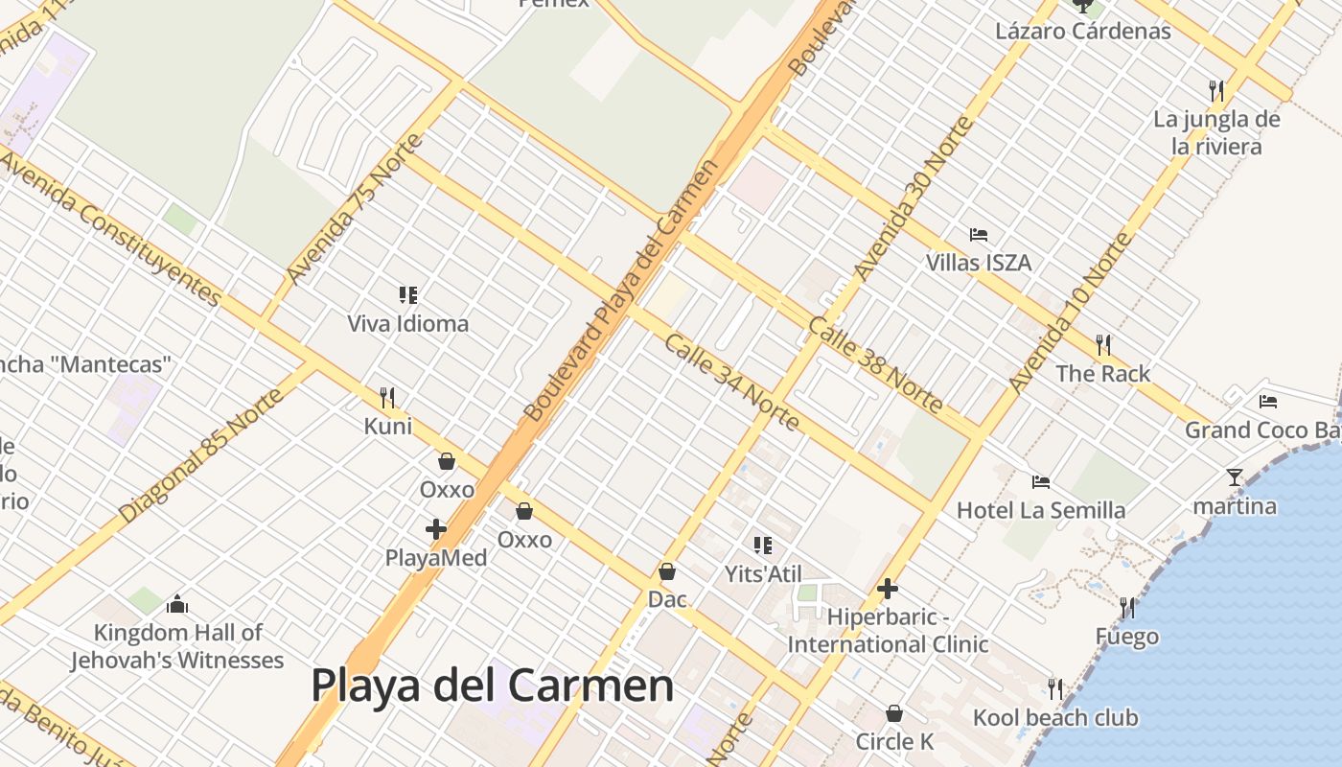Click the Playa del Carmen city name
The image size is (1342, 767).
[492, 686]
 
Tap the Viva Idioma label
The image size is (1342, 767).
[407, 324]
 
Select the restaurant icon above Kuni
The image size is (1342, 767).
[387, 396]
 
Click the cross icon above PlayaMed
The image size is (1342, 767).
[436, 528]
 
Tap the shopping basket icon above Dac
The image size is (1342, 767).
[667, 571]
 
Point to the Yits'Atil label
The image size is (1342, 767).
[763, 573]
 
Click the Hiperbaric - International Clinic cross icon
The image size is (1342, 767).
[888, 588]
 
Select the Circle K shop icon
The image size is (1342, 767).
[893, 713]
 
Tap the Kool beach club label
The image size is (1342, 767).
[1055, 717]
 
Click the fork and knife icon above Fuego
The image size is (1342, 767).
[1127, 607]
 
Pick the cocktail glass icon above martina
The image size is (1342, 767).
[1235, 476]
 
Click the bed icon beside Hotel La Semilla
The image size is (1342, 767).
[1041, 481]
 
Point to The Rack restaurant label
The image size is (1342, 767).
[1102, 374]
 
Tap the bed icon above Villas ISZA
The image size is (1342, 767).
[979, 234]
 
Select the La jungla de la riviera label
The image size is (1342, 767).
[1216, 133]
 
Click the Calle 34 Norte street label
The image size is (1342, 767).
[731, 382]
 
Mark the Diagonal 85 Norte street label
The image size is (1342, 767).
[201, 455]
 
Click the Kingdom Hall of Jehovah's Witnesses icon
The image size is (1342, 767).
[176, 604]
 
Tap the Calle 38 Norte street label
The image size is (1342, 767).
[874, 365]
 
